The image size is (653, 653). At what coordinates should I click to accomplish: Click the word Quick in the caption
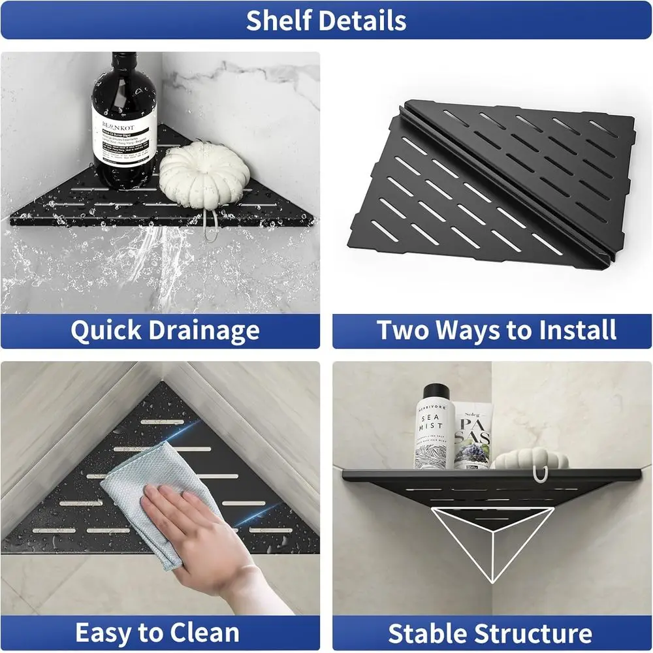104,331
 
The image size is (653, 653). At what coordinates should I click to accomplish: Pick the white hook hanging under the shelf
539,476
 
